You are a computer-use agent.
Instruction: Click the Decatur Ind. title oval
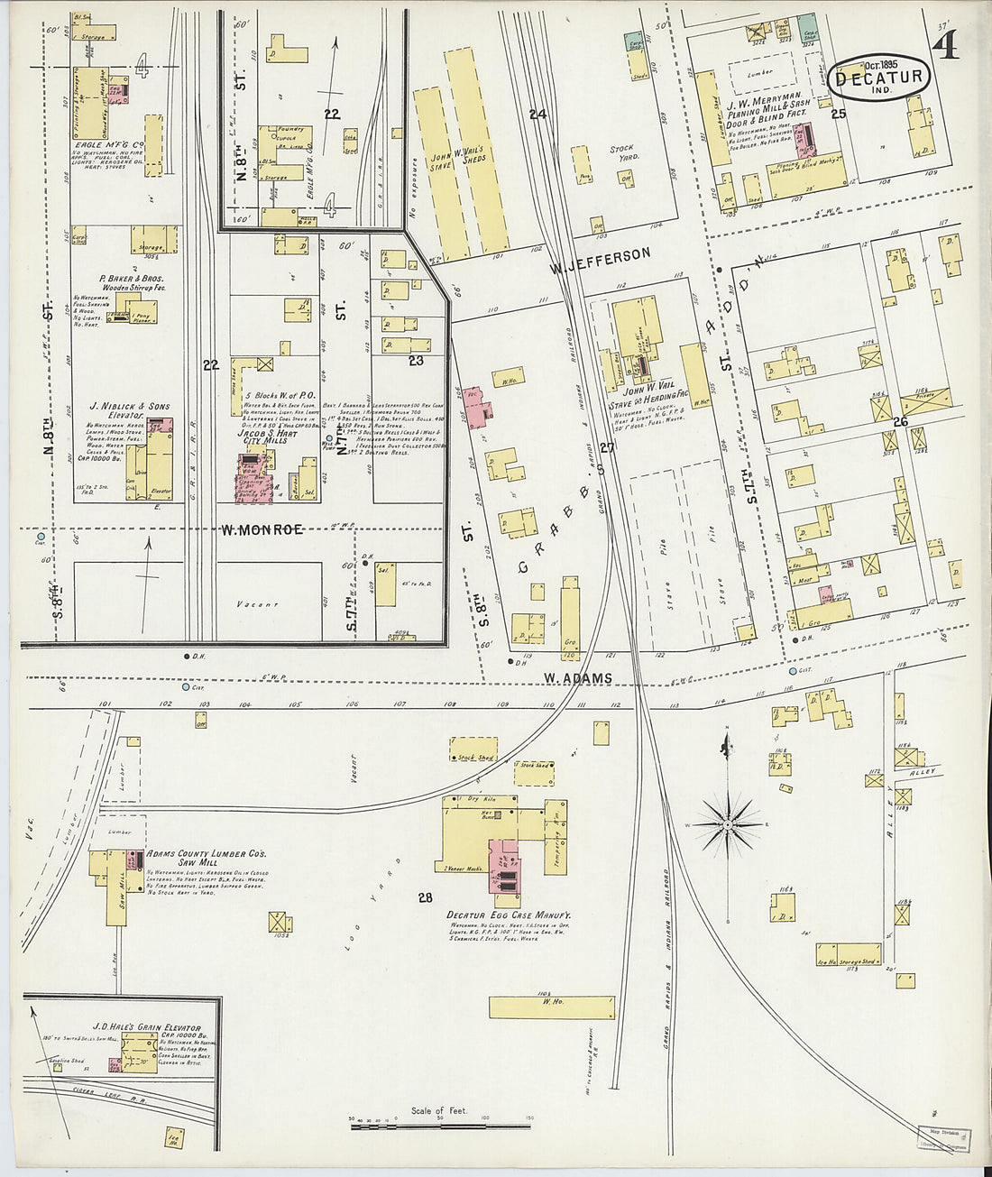(x=878, y=77)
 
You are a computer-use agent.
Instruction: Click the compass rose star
(x=728, y=823)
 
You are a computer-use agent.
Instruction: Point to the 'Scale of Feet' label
(x=438, y=1110)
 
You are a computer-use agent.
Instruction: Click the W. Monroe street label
(x=262, y=529)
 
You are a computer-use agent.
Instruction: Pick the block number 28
(x=426, y=897)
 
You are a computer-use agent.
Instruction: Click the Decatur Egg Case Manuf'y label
(x=509, y=915)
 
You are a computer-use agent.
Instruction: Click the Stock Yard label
(x=622, y=152)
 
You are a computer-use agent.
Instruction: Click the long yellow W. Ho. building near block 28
(x=552, y=1007)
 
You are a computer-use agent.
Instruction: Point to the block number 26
(x=900, y=421)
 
